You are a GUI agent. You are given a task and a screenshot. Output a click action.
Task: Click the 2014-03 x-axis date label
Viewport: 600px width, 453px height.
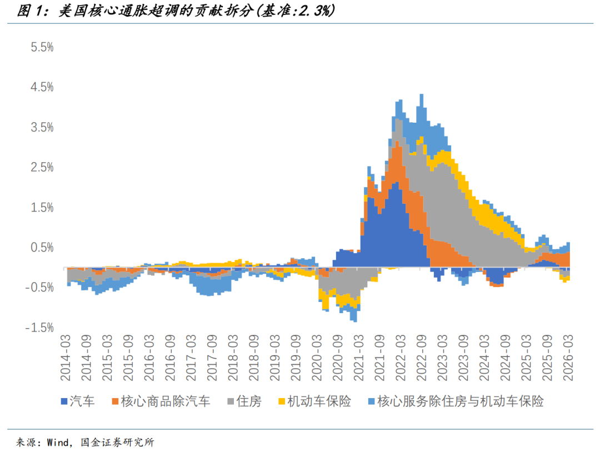(66, 358)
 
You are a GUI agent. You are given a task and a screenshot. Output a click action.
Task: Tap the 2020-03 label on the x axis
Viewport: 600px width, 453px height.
(317, 358)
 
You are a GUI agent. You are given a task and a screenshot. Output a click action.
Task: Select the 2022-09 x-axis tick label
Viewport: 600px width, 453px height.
(422, 358)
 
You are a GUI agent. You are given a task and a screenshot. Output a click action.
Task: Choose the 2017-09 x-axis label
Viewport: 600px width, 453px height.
(212, 358)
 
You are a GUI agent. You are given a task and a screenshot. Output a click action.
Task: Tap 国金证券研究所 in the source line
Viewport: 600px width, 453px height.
(118, 442)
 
